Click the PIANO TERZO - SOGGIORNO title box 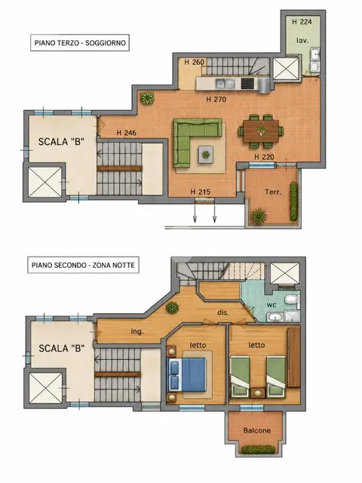[x=80, y=42]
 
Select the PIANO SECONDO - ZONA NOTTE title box [x=83, y=265]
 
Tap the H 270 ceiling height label [x=216, y=99]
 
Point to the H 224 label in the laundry [x=302, y=22]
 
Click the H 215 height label [x=201, y=192]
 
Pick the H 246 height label [x=126, y=133]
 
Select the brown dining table [x=261, y=131]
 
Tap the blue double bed [x=186, y=374]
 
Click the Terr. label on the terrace [x=273, y=192]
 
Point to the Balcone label [x=257, y=430]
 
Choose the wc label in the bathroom [x=271, y=305]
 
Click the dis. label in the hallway [x=223, y=312]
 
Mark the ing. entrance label [x=137, y=331]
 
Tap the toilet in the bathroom [x=291, y=299]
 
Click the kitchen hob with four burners [x=247, y=82]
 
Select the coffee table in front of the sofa [x=206, y=154]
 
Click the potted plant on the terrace [x=259, y=216]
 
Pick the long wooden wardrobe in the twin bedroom [x=293, y=357]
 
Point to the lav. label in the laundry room [x=302, y=40]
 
